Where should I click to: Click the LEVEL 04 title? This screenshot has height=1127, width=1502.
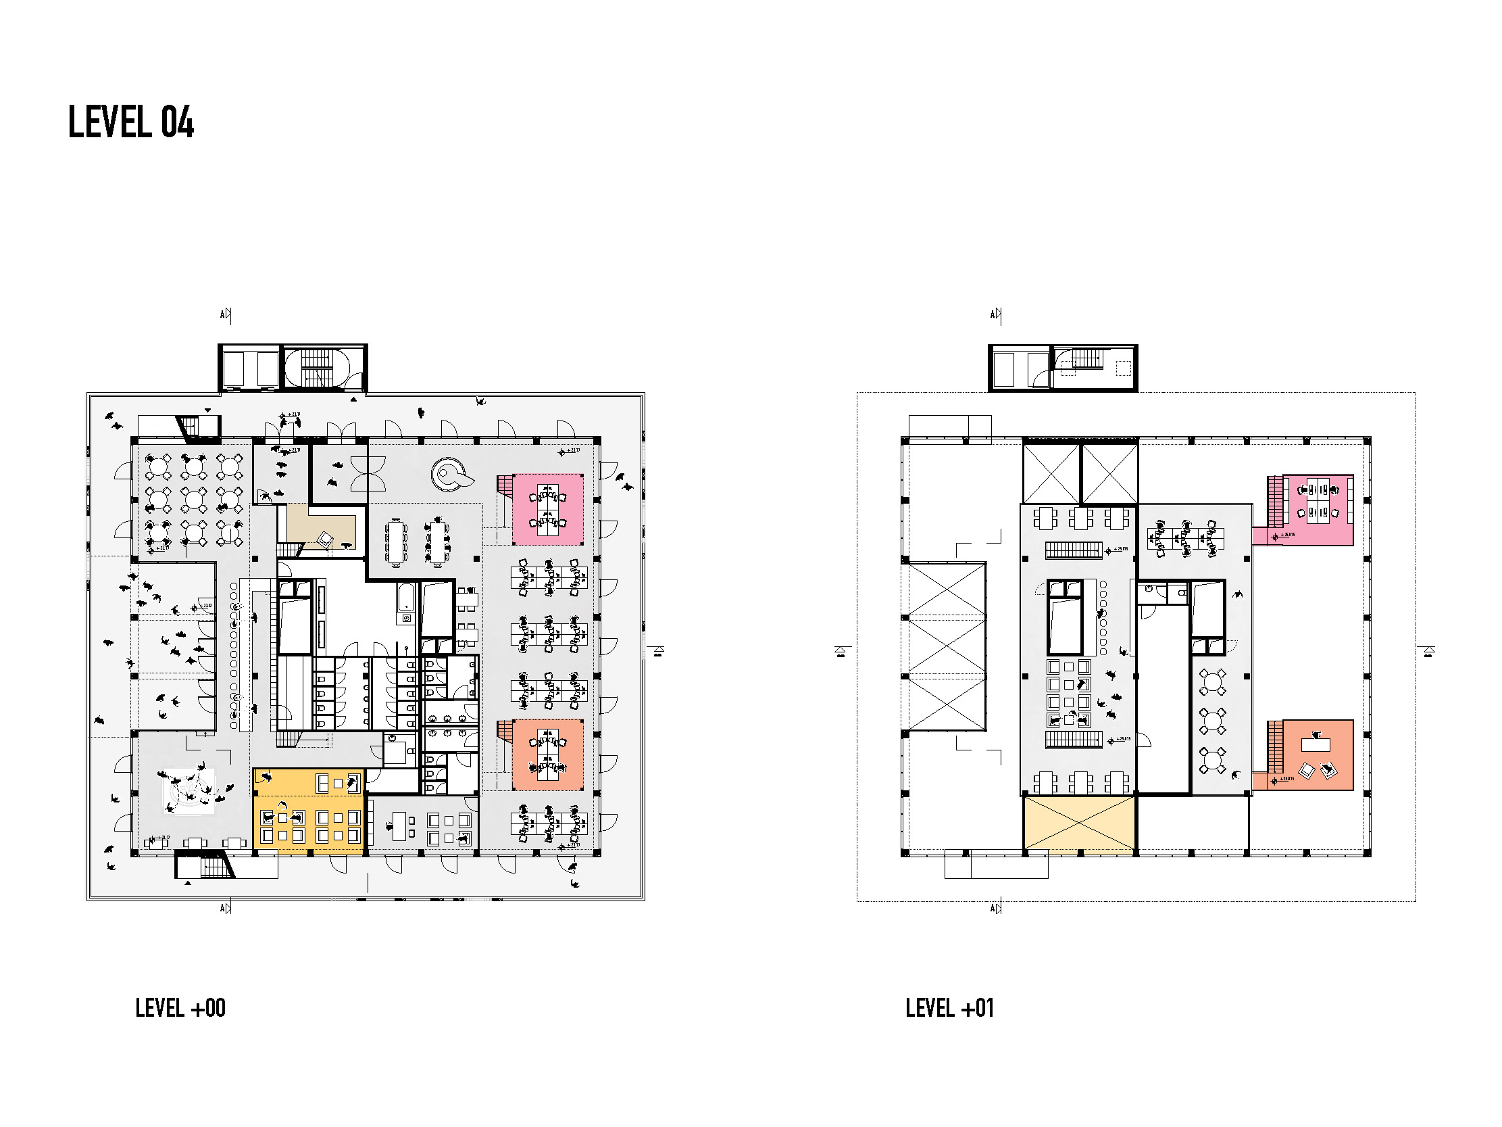point(131,123)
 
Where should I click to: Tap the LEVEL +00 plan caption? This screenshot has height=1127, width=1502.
point(180,1008)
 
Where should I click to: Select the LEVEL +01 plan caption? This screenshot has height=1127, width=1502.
point(949,1008)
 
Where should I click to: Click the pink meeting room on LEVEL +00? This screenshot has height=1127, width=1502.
point(548,509)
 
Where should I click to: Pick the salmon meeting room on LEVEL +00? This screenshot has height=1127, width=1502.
point(548,754)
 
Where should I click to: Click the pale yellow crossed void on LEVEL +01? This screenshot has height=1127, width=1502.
point(1079,824)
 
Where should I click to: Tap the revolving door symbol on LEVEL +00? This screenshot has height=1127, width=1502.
point(368,473)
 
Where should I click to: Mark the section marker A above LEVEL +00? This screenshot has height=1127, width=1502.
point(226,314)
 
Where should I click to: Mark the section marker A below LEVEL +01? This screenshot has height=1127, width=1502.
point(995,908)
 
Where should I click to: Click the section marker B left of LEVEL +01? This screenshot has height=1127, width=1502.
point(841,652)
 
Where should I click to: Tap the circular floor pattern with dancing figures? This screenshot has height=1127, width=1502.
point(189,791)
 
